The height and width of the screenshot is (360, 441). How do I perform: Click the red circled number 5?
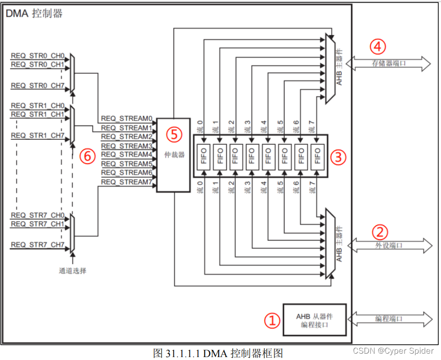click(173, 134)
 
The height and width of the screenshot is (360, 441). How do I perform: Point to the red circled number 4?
click(378, 46)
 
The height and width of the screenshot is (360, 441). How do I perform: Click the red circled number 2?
click(380, 230)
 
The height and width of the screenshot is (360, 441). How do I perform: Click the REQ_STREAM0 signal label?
click(127, 119)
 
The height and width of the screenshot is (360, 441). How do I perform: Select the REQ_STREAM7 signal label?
click(127, 182)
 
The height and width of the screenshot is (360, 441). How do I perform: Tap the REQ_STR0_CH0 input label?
click(37, 56)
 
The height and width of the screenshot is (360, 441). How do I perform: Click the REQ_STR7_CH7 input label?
click(37, 245)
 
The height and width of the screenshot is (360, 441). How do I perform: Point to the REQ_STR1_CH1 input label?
click(37, 114)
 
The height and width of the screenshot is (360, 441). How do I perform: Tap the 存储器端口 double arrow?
click(389, 63)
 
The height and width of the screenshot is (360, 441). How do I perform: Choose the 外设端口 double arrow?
click(389, 245)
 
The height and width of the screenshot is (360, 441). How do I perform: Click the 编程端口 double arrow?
click(389, 319)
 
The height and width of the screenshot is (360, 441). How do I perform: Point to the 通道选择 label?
click(73, 270)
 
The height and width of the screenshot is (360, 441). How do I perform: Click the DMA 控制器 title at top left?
click(34, 13)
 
